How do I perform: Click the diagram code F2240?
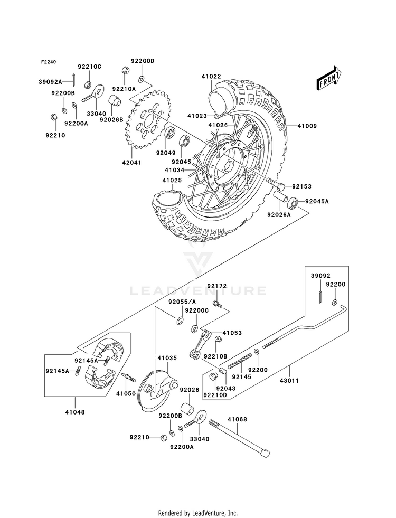pos(49,62)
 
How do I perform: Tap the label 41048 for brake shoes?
pos(75,411)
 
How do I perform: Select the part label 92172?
pos(216,286)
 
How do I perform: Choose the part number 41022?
pos(211,77)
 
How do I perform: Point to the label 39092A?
pos(50,82)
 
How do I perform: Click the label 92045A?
pos(317,201)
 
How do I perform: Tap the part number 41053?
pos(232,333)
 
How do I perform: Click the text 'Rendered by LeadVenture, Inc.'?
pos(197,513)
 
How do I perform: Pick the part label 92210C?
pos(89,67)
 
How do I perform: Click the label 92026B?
pos(111,120)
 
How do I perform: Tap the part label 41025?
pos(172,181)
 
